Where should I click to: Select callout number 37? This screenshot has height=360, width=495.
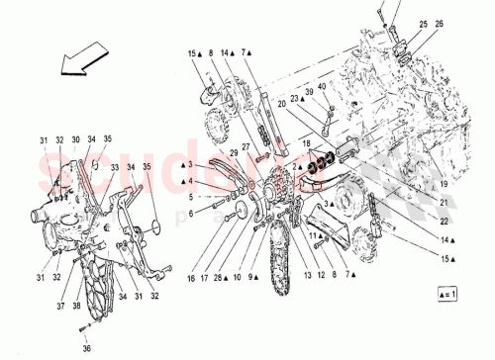coord(60,307)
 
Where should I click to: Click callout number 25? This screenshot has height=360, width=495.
coord(423,23)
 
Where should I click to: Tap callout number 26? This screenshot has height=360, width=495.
coord(440,23)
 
